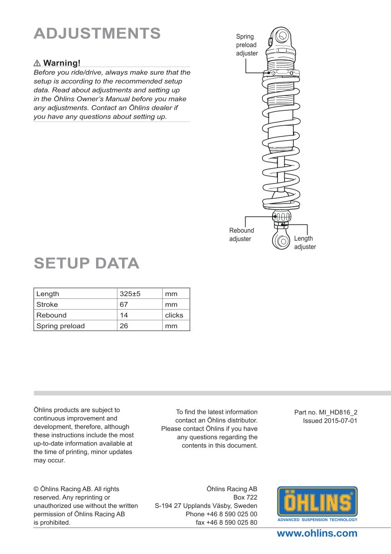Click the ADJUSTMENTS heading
(97, 34)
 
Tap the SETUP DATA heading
(87, 263)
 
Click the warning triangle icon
(37, 63)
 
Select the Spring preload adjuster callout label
(247, 45)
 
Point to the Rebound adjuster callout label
(241, 235)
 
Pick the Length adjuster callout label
(304, 243)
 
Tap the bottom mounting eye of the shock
(281, 241)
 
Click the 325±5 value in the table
(130, 294)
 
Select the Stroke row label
(48, 304)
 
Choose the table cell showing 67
(124, 304)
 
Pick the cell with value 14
(124, 315)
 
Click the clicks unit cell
(174, 315)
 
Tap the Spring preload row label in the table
(61, 326)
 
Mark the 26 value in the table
(124, 326)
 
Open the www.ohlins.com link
(317, 534)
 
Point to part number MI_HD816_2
(326, 412)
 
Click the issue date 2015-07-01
(330, 420)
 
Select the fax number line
(226, 522)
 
